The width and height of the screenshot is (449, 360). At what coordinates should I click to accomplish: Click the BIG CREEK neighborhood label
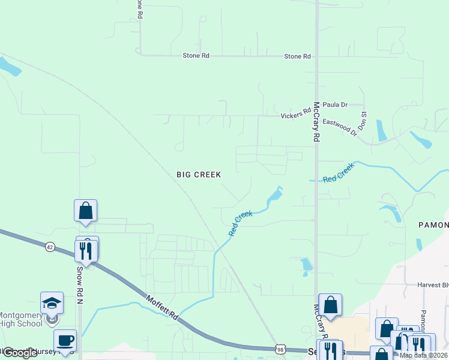pos(199,175)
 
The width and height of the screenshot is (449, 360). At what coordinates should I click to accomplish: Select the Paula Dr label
pos(335,104)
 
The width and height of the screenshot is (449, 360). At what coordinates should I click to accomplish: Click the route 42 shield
pos(50,246)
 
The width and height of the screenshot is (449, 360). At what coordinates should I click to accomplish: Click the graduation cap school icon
pos(52,304)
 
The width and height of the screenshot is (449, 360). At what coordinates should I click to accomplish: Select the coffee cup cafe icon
pos(65,341)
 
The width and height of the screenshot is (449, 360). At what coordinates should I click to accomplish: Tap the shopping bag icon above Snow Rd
pos(85,211)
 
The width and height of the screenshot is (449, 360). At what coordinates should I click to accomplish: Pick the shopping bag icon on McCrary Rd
pos(330,305)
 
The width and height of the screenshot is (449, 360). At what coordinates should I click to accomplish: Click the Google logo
pos(19,353)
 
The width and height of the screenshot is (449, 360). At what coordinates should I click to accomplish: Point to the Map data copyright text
pos(423,355)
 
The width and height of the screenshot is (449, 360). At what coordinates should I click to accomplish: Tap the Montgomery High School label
pos(21,320)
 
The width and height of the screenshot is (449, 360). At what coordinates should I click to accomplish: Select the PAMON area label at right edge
pos(433,224)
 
